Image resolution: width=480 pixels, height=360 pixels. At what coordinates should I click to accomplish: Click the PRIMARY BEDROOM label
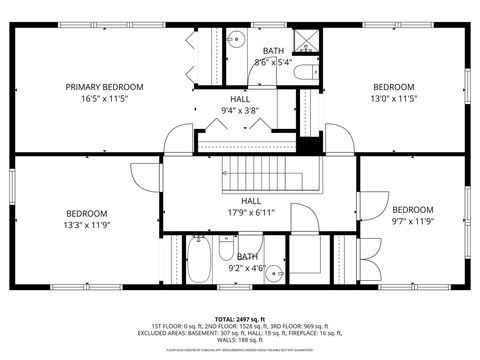105,87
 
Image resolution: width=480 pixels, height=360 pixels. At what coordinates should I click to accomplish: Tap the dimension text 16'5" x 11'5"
105,98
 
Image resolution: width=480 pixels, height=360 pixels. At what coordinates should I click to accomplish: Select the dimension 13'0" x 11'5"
393,98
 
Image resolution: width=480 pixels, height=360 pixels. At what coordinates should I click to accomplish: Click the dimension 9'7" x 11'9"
412,221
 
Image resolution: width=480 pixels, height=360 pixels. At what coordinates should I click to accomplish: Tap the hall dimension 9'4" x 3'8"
240,110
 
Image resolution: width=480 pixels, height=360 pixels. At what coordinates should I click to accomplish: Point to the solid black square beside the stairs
310,144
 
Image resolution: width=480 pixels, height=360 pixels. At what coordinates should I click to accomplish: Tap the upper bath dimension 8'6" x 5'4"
272,62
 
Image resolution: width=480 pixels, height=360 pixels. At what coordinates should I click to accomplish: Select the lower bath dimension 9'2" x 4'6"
247,267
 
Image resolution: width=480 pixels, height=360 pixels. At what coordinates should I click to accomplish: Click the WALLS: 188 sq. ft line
240,339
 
